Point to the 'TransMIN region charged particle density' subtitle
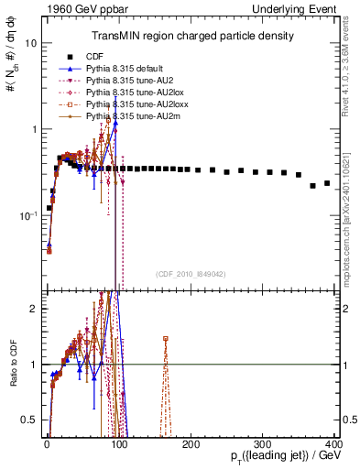(x=191, y=36)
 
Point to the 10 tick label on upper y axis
(x=31, y=43)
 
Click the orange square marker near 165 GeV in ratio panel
(x=166, y=339)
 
